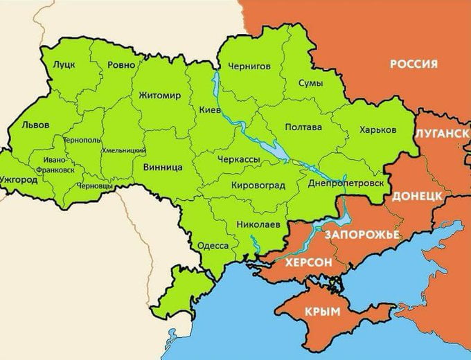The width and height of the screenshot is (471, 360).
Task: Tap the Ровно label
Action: point(121,64)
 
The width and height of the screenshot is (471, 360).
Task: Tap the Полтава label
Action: point(304,127)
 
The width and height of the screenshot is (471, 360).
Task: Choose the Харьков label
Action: point(378,129)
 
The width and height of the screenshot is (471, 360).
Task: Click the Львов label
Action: point(35,127)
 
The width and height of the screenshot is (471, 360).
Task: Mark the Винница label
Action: point(162,168)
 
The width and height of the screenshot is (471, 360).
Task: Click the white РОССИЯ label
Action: point(414,64)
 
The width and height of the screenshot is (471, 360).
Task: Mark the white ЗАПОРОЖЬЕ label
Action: point(361,235)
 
